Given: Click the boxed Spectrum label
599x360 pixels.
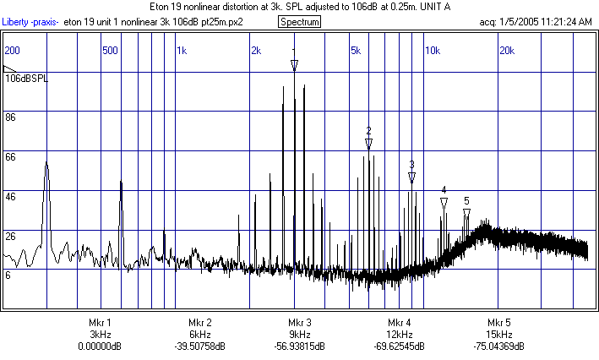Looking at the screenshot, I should click(299, 21).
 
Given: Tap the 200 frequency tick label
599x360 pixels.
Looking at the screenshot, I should click(13, 51).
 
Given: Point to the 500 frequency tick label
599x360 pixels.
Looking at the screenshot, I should click(109, 51).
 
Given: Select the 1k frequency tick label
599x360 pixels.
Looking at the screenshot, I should click(182, 51).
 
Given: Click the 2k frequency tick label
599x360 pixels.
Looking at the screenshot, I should click(256, 51).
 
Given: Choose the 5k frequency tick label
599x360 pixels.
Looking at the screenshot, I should click(355, 51).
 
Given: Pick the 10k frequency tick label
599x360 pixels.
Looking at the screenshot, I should click(431, 51).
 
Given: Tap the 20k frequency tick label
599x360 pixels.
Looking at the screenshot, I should click(507, 51).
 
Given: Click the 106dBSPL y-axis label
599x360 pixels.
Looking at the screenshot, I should click(27, 78).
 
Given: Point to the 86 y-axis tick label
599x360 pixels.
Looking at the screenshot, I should click(11, 117).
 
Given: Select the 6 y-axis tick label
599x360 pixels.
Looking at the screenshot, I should click(8, 275).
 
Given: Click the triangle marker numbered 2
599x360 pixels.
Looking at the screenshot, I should click(369, 144).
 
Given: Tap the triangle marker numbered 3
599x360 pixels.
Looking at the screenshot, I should click(411, 177).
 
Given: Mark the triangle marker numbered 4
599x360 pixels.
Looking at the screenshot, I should click(444, 203).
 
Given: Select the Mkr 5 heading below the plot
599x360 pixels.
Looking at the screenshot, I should click(498, 323).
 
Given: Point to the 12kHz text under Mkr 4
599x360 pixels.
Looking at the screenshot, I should click(399, 335).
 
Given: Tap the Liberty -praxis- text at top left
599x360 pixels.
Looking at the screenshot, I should click(32, 21).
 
